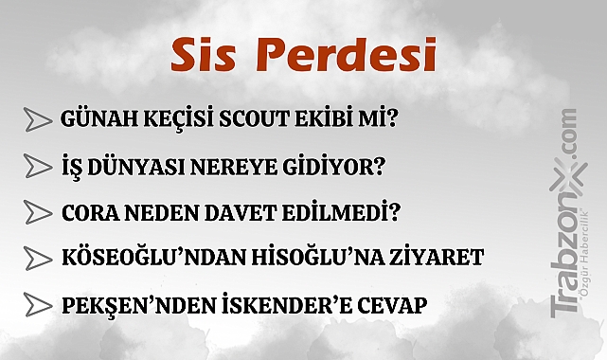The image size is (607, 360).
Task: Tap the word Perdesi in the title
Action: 344,56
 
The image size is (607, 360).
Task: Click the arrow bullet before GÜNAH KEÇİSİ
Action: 38,119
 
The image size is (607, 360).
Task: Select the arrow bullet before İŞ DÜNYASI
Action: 38,166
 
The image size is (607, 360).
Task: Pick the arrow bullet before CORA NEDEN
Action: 38,211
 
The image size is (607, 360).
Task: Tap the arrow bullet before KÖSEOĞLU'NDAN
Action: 38,257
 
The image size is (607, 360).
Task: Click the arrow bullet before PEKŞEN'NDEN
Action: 38,305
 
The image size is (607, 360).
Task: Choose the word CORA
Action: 87,211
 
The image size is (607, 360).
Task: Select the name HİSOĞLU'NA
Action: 310,257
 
